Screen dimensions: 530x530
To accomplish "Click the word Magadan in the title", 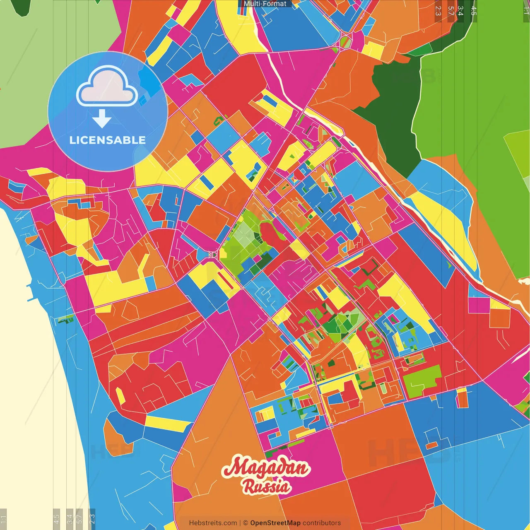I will pos(265,468).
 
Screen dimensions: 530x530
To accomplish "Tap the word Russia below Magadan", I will pos(266,486).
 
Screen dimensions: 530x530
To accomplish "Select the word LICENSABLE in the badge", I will pos(107,140).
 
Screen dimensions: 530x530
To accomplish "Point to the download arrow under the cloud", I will pos(102,119).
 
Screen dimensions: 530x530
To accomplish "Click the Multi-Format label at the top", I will pos(265,4).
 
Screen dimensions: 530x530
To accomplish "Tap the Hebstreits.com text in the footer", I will pos(213,523).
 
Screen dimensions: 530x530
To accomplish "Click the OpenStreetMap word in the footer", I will pos(275,523).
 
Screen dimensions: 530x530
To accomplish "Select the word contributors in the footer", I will pos(322,523).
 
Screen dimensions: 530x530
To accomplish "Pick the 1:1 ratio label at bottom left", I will pos(3,519).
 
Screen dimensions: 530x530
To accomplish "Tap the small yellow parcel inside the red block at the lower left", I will pos(120,395).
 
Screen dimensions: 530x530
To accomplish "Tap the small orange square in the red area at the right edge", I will pos(499,318).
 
